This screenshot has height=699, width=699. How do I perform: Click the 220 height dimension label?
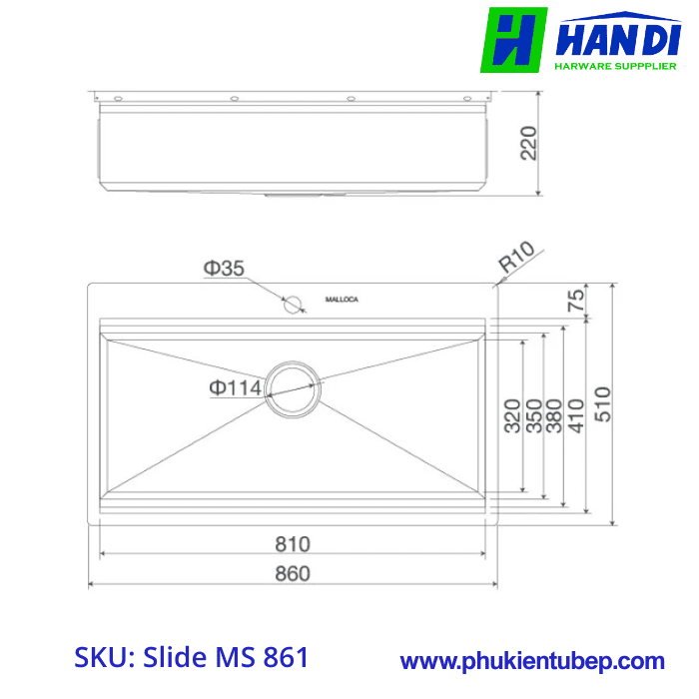point(529,143)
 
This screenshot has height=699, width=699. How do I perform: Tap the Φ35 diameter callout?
point(224,268)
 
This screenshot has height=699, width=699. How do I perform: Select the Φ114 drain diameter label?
point(235,386)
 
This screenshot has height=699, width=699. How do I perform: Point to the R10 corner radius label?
point(517,259)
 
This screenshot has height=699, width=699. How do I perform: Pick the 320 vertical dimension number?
point(512,415)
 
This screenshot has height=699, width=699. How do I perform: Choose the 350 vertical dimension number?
point(534,415)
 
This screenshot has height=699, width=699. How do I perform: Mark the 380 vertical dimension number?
point(556,415)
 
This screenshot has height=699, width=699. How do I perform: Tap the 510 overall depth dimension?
point(601,403)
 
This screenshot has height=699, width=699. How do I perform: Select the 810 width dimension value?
point(293,544)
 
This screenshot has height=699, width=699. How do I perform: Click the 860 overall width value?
point(293,573)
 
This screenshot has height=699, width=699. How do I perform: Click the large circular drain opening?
point(294,387)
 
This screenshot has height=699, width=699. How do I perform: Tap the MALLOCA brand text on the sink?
point(343,300)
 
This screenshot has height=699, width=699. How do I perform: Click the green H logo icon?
point(513,40)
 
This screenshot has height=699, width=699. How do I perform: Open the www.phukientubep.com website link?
point(532,661)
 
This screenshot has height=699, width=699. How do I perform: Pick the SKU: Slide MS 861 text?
point(192,658)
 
